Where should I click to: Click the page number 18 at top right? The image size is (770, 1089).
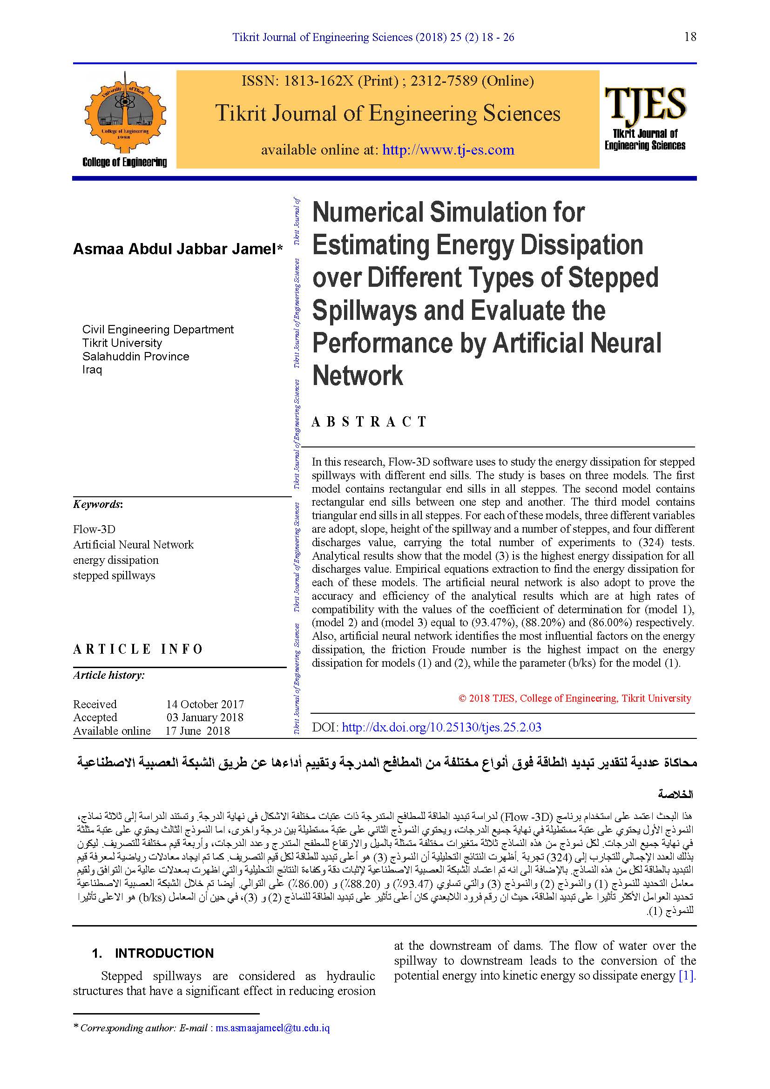[690, 37]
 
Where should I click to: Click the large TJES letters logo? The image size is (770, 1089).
[645, 103]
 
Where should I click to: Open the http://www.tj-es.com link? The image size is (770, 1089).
[448, 150]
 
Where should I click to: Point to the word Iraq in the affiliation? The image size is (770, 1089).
[92, 370]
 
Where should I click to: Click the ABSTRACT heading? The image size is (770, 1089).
[369, 422]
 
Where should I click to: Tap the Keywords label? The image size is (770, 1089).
[97, 504]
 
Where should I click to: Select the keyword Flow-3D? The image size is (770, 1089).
[94, 529]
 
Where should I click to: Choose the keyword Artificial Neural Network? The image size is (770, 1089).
[133, 545]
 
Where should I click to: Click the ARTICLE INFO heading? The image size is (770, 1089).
[138, 649]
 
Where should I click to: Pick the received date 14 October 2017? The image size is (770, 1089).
[205, 704]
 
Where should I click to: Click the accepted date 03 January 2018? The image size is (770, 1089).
[205, 717]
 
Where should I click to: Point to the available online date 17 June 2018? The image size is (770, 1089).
[197, 731]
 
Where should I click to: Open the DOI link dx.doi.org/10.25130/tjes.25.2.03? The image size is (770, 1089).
[441, 727]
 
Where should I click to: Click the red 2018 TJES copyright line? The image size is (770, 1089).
[574, 698]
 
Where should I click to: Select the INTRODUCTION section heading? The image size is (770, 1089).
[164, 954]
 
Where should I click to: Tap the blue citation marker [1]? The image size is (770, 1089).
[686, 976]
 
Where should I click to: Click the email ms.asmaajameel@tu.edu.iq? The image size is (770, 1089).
[272, 1028]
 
